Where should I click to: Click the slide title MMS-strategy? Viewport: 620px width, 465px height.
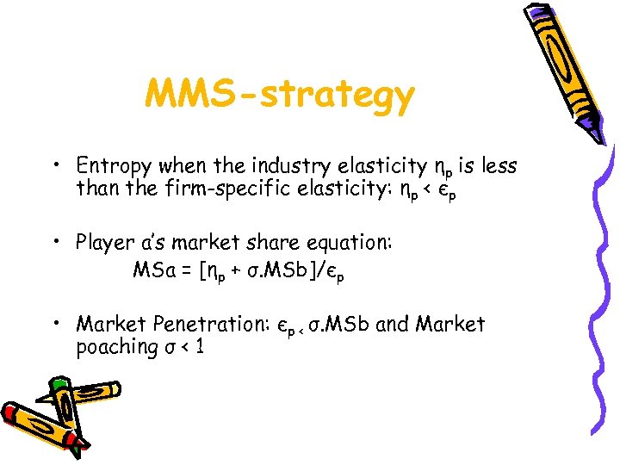(x=279, y=95)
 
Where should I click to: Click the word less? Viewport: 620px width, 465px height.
(x=498, y=164)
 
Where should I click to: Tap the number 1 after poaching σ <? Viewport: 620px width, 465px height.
(x=199, y=347)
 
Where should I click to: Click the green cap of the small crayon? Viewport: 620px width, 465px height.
(x=59, y=384)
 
